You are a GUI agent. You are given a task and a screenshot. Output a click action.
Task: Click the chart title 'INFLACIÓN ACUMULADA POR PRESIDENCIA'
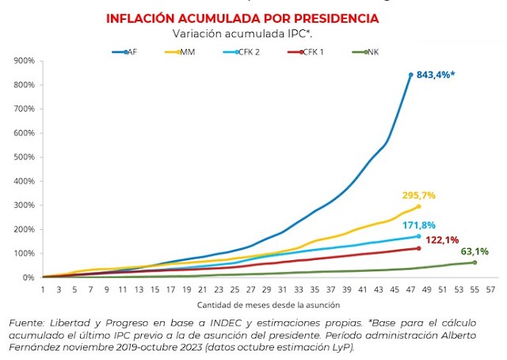click(x=253, y=18)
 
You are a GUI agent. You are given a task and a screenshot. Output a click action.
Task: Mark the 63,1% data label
click(x=475, y=251)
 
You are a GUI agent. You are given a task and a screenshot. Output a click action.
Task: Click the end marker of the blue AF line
click(x=410, y=75)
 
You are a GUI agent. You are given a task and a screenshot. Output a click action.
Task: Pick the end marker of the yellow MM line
click(x=418, y=206)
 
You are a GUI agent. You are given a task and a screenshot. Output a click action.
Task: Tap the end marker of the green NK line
click(x=475, y=262)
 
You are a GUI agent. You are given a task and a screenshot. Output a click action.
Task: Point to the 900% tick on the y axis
click(x=24, y=60)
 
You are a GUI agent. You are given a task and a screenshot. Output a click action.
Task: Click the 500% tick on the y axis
click(x=24, y=157)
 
